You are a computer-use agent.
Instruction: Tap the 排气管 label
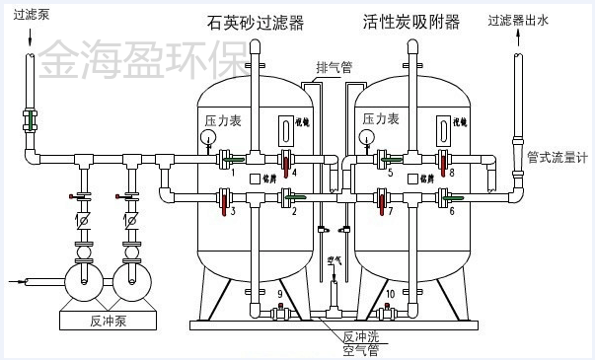click(334, 68)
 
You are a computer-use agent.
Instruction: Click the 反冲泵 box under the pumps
click(110, 321)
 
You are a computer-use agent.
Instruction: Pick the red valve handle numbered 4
click(286, 161)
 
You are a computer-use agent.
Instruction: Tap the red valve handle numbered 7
click(385, 207)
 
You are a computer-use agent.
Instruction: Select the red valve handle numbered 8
click(445, 161)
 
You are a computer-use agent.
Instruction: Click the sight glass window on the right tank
click(445, 129)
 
